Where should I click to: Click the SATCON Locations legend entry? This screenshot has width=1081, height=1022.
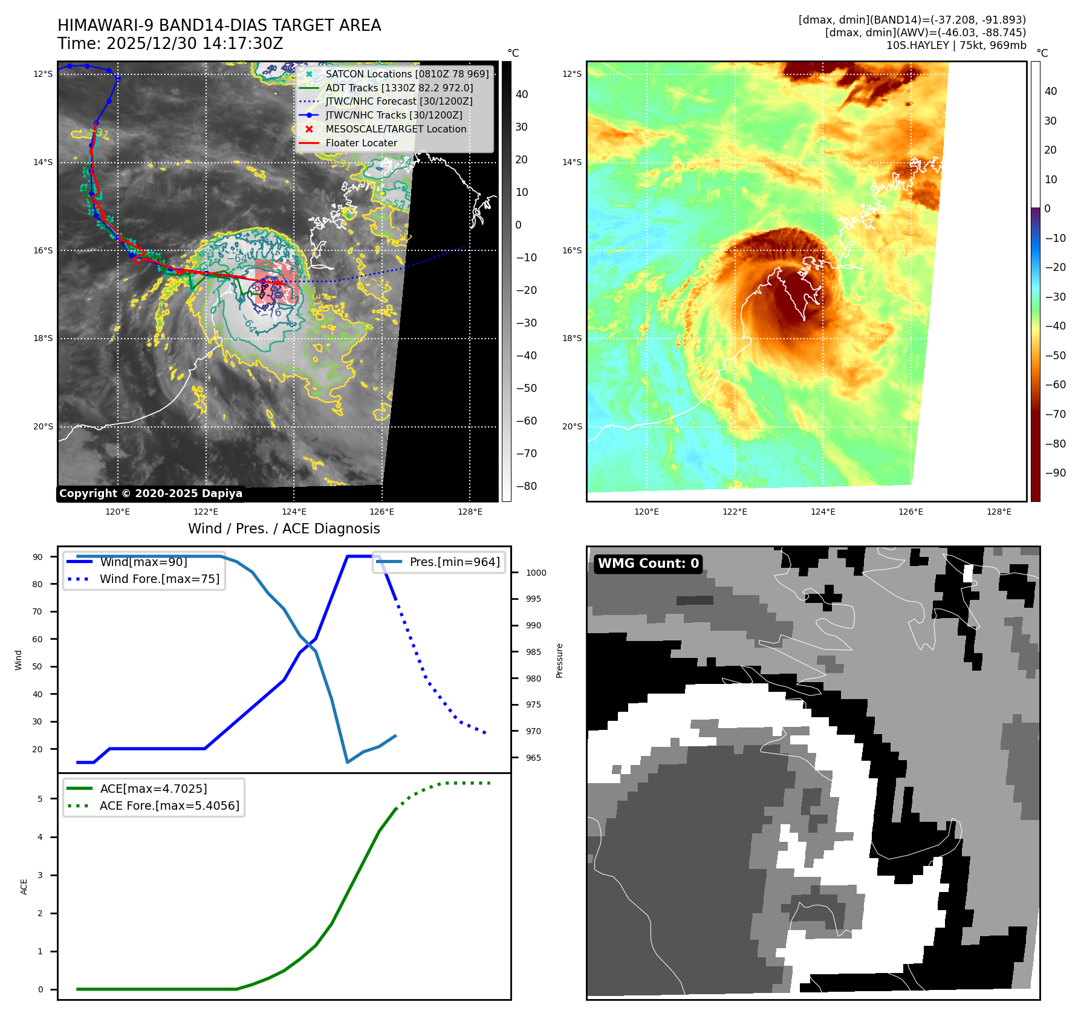pos(406,74)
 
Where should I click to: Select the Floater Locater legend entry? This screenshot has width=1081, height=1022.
pos(361,143)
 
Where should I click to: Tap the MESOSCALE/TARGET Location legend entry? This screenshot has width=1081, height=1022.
pos(395,129)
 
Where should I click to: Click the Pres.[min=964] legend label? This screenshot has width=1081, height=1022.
pos(454,562)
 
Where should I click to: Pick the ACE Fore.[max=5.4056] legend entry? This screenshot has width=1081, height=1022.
pos(169,806)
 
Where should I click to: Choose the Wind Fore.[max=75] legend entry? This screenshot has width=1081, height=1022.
pos(160,579)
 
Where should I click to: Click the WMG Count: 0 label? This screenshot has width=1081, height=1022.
pos(648,563)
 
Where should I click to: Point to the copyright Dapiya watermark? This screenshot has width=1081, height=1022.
pos(151,493)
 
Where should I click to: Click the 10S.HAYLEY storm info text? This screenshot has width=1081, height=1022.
pos(956,45)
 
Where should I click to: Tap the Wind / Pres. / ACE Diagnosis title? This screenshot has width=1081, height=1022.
pos(284,529)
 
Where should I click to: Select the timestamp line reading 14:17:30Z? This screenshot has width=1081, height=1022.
pos(170,44)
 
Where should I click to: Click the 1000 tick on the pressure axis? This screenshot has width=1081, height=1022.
pos(536,573)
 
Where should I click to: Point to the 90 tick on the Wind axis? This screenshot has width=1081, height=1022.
pos(37,557)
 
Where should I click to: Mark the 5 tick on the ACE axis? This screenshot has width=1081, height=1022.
pos(40,799)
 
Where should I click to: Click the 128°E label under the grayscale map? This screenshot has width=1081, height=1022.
pos(470,512)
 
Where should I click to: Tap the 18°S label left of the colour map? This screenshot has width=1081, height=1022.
pos(572,338)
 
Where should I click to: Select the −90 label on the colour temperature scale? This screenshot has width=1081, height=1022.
pos(1055,473)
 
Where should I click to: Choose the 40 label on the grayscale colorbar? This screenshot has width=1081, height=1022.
pos(521,94)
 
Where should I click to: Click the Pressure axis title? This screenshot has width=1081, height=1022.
pos(560,660)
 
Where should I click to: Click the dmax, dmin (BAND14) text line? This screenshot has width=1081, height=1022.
pos(912,20)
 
